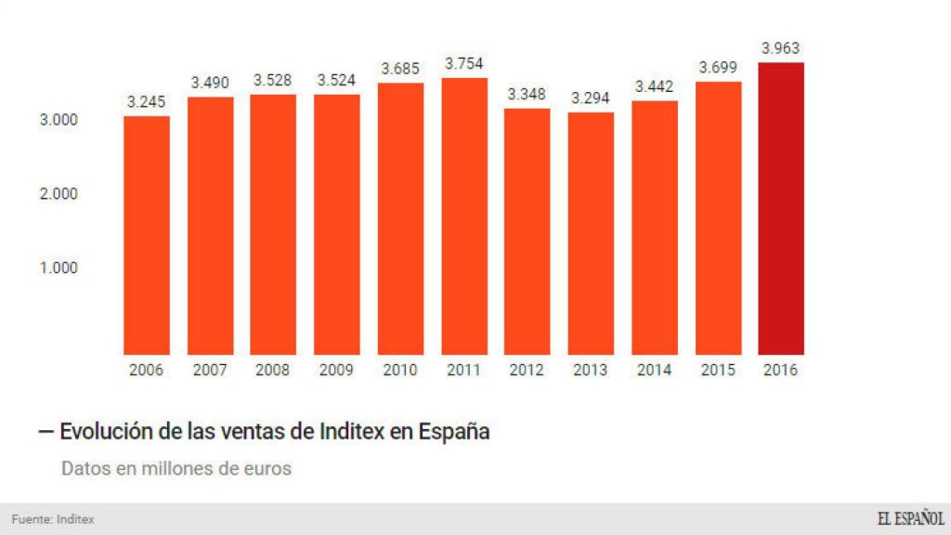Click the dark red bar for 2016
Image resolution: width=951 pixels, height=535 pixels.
(781, 209)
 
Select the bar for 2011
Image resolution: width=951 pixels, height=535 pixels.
(464, 216)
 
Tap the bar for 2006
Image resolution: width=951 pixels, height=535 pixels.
(147, 236)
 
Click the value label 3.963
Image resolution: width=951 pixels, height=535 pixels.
(781, 48)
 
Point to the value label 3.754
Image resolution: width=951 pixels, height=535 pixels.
(464, 64)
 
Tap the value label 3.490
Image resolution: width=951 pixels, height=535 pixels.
(211, 83)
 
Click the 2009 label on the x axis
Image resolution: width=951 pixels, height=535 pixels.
(337, 370)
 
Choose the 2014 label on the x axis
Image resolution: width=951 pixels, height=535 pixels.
(655, 370)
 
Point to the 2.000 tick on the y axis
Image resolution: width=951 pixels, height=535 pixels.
(59, 194)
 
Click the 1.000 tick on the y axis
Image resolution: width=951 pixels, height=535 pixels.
(59, 268)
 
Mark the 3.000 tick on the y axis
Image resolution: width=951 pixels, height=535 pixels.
(59, 121)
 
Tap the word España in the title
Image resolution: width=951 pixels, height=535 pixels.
(454, 432)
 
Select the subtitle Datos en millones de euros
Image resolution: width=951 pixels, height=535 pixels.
(176, 468)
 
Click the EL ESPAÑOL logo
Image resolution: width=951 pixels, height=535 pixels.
(910, 519)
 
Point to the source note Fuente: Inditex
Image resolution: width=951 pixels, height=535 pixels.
(53, 519)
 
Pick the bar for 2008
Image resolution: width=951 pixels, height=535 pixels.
(274, 225)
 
